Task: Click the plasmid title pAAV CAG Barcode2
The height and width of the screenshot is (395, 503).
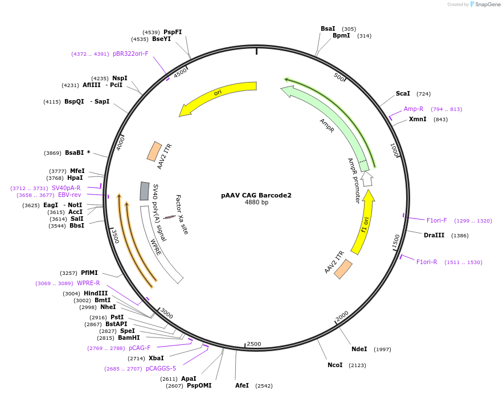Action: (x=256, y=195)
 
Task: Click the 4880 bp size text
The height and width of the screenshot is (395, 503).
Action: (x=256, y=203)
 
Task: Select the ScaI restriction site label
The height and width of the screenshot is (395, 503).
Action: (x=403, y=93)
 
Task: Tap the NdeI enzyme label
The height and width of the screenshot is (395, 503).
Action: (x=359, y=349)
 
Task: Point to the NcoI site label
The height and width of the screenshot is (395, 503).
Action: (x=335, y=365)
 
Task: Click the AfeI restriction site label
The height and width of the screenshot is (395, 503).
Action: (x=242, y=385)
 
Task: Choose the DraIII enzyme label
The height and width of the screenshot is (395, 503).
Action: (x=434, y=235)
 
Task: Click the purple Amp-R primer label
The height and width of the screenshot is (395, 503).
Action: (x=414, y=109)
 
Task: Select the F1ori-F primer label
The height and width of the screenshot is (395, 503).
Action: (x=437, y=220)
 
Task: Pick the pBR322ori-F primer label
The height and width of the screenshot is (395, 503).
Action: (x=130, y=54)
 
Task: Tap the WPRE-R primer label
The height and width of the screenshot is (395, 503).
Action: (x=88, y=283)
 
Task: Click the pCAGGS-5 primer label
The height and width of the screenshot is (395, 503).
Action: (x=161, y=368)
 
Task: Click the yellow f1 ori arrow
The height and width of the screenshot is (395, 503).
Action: (x=363, y=223)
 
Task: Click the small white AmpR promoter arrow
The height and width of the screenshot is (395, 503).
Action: (x=367, y=179)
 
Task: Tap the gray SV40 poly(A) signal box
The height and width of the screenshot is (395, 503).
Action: (x=145, y=191)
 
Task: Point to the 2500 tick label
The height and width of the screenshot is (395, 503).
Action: (x=253, y=344)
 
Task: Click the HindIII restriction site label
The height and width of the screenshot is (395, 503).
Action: (x=96, y=293)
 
